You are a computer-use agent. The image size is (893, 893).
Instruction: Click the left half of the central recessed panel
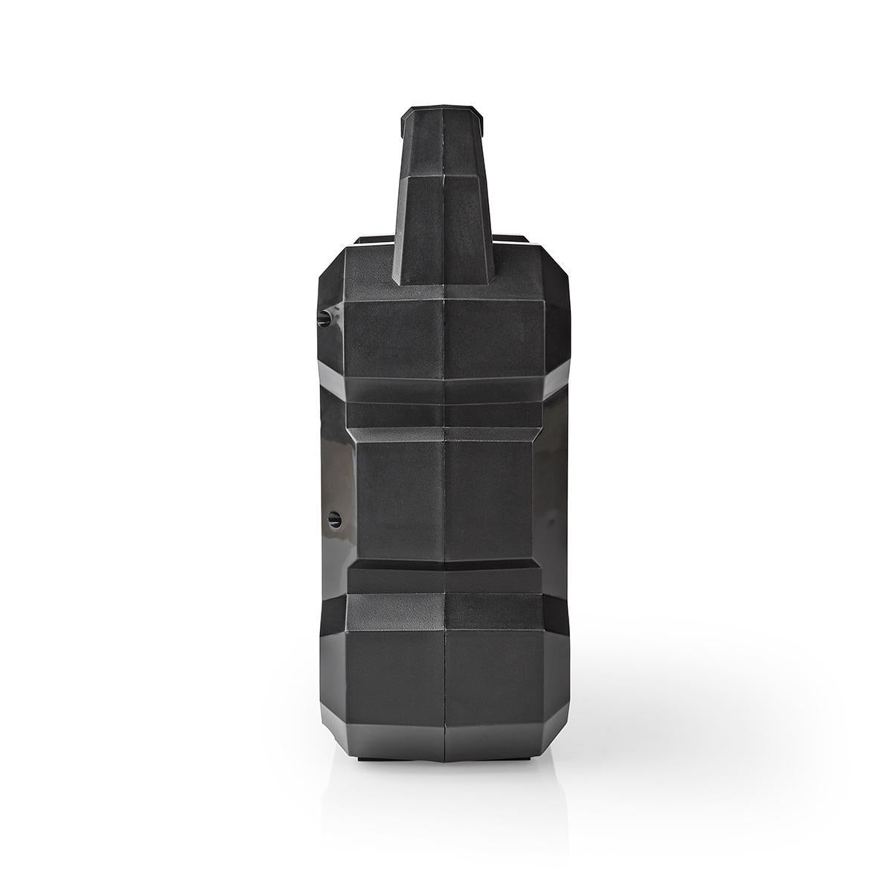coord(398,499)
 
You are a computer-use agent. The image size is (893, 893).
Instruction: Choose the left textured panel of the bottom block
coord(394,670)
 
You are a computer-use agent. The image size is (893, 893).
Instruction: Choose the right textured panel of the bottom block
coord(494,670)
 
